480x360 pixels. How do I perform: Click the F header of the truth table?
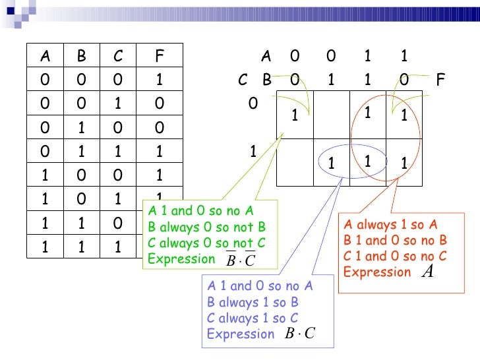[159, 57]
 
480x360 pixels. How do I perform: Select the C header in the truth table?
[117, 57]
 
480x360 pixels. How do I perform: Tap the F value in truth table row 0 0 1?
[159, 104]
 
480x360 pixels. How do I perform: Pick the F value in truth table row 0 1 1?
[159, 152]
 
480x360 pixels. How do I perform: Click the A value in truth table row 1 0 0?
[44, 175]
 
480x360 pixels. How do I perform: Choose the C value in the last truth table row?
[117, 246]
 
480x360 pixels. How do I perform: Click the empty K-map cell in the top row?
[332, 116]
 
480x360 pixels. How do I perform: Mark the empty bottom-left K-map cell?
[295, 162]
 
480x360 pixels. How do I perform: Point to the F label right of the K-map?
[440, 80]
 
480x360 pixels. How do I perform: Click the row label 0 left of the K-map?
[251, 104]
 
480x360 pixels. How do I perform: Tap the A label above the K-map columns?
[266, 57]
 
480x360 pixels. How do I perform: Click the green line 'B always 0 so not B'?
[207, 227]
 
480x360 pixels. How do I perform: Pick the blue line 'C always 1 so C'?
[253, 318]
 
